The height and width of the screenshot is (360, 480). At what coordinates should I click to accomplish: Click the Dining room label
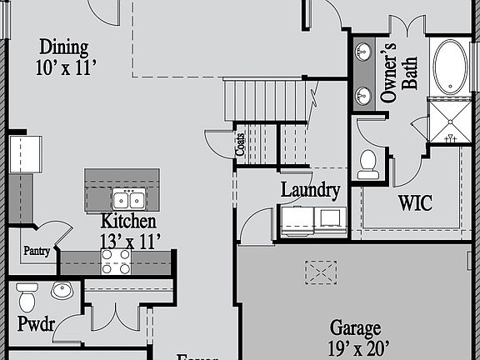pos(64,48)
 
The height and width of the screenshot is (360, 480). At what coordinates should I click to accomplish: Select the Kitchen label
pos(128,221)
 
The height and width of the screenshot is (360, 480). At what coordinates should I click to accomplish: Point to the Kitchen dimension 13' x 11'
pos(131,241)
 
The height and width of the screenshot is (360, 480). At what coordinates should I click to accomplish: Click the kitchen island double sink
pos(128,200)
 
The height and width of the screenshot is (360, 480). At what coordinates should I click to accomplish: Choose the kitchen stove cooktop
pos(116,262)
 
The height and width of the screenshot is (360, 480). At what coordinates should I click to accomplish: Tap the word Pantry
pos(37,250)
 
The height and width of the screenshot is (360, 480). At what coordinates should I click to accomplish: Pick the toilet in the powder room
pos(27,296)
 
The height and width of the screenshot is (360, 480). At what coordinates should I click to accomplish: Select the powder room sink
pos(61,291)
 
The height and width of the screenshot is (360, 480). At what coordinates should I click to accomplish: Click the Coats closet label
pos(240,145)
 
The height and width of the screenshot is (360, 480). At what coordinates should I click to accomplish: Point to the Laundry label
pos(310,191)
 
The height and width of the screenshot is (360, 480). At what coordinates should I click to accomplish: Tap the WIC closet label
pos(414,202)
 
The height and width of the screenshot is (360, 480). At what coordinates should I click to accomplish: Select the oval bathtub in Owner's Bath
pos(451,67)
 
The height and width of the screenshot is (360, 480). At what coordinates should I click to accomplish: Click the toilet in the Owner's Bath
pos(367,162)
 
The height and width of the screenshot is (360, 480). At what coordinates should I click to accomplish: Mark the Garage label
pos(355,327)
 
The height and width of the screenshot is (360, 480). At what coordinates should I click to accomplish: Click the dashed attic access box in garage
pos(320,272)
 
